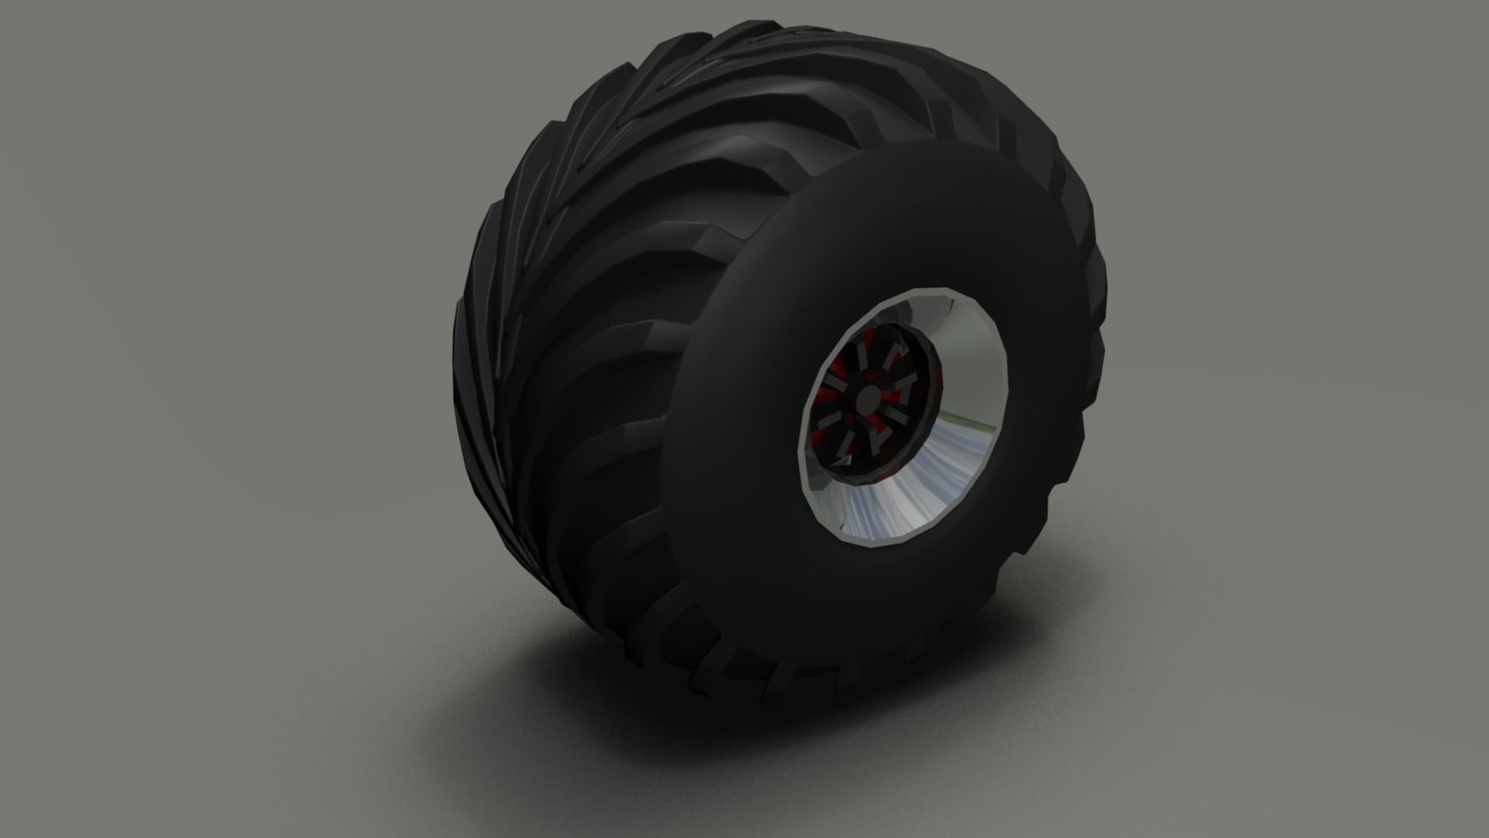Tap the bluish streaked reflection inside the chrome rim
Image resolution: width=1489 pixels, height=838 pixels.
tap(915, 497)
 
